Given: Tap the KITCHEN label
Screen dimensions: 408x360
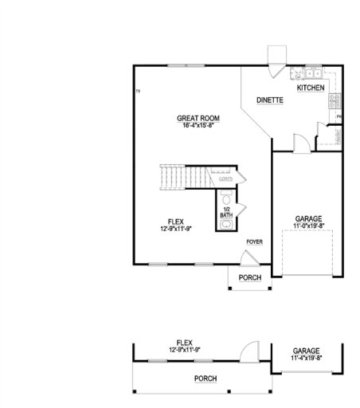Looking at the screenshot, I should [311, 88].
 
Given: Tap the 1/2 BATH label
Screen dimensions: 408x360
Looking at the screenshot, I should [226, 213].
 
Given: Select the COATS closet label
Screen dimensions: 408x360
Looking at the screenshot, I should [226, 180].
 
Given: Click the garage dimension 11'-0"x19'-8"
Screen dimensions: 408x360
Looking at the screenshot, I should [308, 226].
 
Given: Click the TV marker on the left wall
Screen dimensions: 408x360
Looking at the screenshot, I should [138, 92].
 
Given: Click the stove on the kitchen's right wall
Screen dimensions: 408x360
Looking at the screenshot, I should [335, 100].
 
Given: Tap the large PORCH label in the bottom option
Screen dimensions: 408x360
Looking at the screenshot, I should [205, 379].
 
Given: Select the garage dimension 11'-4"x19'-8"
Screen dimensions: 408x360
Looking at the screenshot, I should [306, 358].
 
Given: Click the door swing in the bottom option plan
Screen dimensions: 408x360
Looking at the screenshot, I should [251, 350].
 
